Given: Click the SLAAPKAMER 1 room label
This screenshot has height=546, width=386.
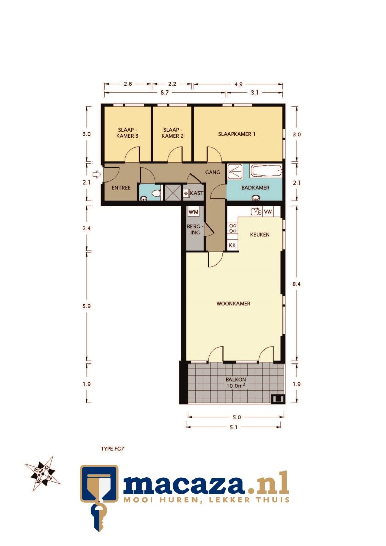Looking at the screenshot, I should pos(237,134).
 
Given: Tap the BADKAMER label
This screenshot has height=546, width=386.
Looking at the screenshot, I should pos(255,188).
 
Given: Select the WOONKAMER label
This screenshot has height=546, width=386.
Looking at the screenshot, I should pos(233,304).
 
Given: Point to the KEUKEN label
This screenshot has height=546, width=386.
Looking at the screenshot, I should pos(260,235).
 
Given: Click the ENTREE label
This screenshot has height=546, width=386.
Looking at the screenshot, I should pos(121,188).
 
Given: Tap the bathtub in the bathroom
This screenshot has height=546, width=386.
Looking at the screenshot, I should pos(265,171).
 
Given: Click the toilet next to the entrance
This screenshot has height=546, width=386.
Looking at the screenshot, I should pos(155,193).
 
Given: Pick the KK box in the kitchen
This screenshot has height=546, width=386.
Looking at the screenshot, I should pos(232,245).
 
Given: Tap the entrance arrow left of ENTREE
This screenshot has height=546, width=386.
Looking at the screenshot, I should pos(98,175).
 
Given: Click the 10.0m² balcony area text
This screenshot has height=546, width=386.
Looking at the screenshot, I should pos(236,387).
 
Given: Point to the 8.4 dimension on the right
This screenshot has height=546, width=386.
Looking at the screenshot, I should pos(297,284).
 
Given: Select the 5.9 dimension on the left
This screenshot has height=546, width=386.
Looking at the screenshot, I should pos(87,306).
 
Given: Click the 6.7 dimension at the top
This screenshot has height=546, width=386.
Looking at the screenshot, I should pos(164,93).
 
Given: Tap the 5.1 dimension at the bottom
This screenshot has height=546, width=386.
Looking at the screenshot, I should pos(234,427).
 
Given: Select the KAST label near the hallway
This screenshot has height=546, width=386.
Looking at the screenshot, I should pos(196,193).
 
